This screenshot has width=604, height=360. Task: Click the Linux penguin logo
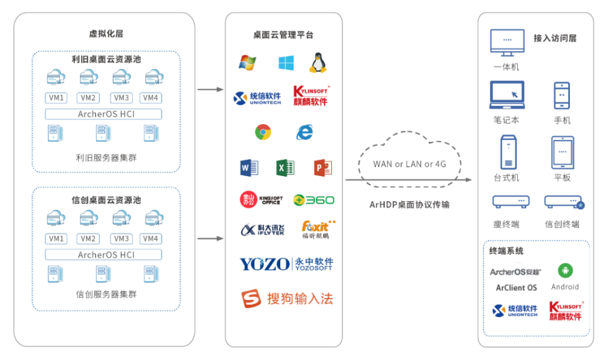[318, 63]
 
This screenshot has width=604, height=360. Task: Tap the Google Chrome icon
[263, 132]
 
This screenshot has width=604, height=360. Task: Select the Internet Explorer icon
[304, 132]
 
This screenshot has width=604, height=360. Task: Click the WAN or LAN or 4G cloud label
[409, 164]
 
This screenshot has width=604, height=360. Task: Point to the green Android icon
[565, 270]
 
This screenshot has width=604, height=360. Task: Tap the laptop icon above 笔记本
[507, 95]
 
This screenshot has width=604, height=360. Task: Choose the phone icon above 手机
[562, 96]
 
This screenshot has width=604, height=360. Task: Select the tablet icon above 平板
[562, 152]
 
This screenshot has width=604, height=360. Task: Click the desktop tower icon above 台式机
[507, 152]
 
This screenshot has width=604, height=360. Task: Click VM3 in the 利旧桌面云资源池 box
[122, 98]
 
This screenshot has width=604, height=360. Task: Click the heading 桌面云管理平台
[283, 35]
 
